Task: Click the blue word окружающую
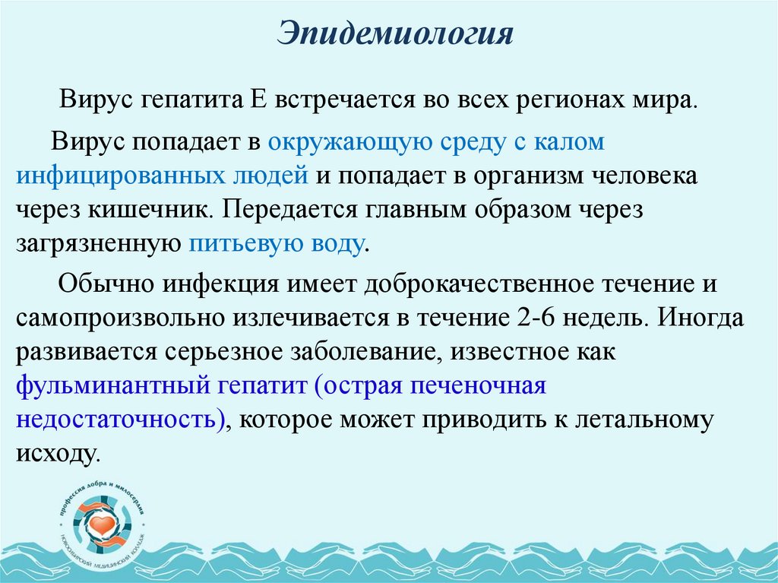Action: pos(344,143)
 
